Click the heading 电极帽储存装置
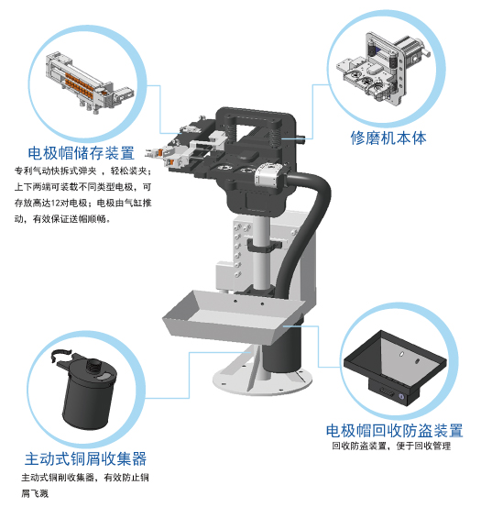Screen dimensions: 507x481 (82, 153)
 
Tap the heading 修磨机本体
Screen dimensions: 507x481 (388, 138)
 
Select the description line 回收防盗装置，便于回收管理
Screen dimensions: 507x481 (391, 447)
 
